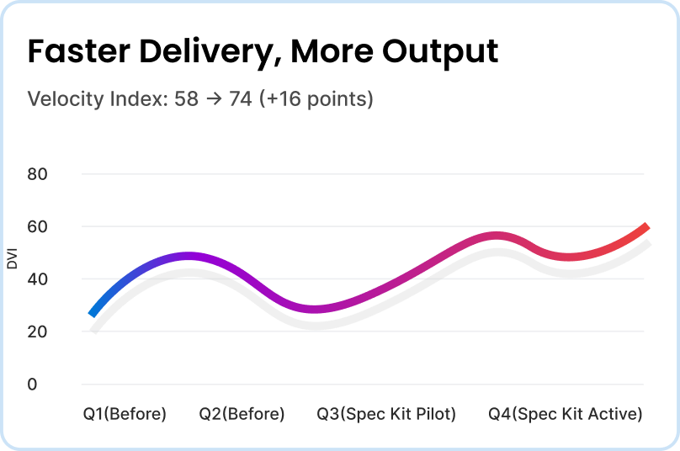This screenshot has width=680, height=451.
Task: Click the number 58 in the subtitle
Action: coord(186,99)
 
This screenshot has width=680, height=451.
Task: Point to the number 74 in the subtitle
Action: coord(241,99)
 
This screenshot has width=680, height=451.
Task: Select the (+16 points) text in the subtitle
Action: coord(316,99)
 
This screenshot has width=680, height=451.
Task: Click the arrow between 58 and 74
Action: coord(214,99)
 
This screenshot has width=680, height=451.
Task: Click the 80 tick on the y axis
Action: coord(38,174)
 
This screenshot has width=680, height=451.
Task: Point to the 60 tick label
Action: coord(38,226)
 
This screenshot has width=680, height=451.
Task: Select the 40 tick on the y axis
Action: coord(38,279)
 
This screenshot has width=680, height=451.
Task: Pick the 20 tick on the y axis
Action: coord(38,332)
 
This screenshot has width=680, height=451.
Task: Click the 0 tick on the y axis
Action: coord(33,385)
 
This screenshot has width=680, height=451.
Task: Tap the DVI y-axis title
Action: coord(12,257)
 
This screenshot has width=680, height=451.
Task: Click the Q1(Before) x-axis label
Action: coord(125,414)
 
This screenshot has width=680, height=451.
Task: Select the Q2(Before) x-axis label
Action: coord(242,414)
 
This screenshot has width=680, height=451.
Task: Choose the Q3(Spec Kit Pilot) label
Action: coord(386,414)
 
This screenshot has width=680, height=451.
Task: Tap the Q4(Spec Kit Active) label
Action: coord(566,414)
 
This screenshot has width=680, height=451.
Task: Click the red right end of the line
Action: coord(644,228)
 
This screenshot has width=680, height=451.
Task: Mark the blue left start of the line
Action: coord(93,313)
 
